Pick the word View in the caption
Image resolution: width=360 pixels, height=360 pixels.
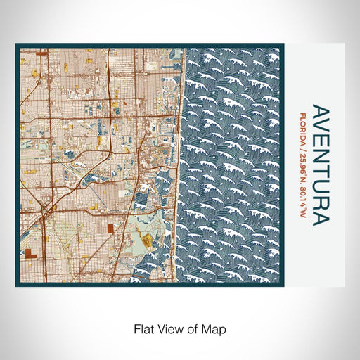[x=167, y=328]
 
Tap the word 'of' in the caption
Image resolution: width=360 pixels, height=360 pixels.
[x=190, y=328]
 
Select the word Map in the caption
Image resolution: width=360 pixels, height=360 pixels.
[x=212, y=328]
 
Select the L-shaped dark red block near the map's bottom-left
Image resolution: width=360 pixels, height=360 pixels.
[x=30, y=252]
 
